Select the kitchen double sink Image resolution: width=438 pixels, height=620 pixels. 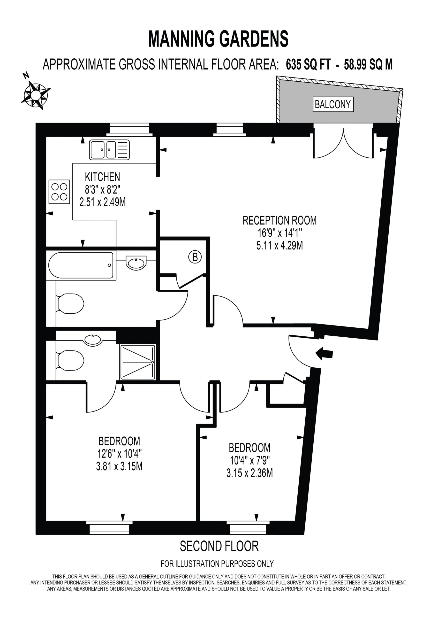click(109, 150)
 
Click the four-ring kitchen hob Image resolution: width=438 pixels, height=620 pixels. click(59, 192)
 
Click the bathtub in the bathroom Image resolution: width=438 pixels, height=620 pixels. click(81, 265)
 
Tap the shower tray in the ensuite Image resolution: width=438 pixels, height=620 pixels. click(138, 362)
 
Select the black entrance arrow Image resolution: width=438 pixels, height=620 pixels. click(324, 354)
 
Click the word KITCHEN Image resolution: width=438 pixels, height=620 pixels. click(102, 177)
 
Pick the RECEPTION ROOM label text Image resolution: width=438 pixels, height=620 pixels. click(279, 221)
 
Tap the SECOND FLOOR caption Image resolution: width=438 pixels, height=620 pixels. click(219, 546)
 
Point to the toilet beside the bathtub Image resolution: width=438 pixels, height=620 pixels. click(71, 303)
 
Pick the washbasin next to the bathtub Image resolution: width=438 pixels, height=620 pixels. click(136, 263)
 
